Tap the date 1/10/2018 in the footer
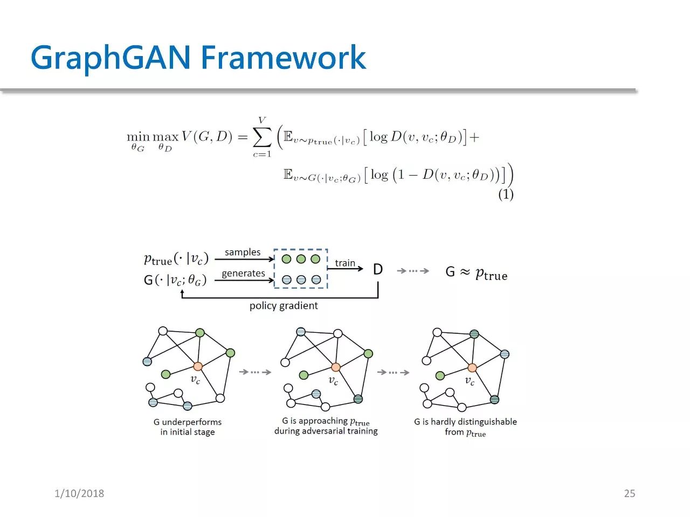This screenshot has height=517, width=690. click(79, 493)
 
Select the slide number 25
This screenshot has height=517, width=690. click(629, 493)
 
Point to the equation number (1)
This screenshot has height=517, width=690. click(506, 194)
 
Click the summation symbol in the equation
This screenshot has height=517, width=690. click(262, 138)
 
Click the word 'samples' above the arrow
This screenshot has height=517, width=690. click(243, 252)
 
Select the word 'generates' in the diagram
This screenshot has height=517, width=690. click(243, 273)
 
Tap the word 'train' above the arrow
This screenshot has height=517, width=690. click(345, 263)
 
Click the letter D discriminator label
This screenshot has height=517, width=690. click(378, 269)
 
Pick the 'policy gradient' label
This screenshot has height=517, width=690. click(284, 305)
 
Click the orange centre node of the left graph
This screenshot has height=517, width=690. click(198, 366)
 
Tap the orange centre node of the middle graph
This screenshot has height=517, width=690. click(336, 367)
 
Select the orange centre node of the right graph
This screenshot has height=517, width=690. click(472, 368)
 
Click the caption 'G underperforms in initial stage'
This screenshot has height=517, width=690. click(188, 427)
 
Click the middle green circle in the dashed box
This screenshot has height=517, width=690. click(301, 259)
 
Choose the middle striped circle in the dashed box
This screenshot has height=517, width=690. click(301, 280)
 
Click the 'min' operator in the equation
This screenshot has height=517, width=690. click(138, 137)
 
